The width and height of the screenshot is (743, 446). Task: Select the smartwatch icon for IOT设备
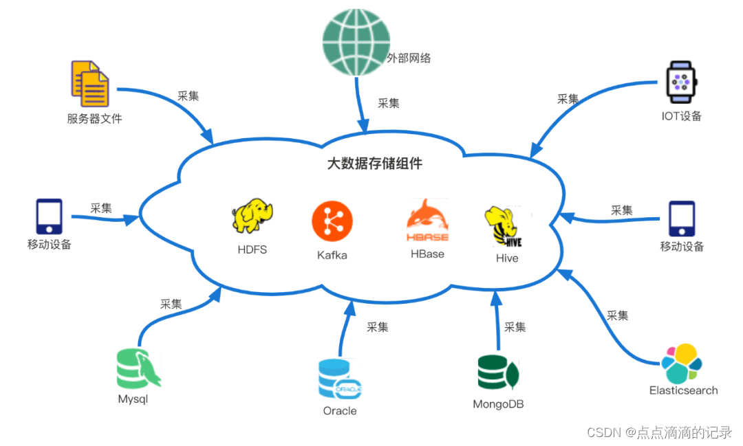tap(680, 82)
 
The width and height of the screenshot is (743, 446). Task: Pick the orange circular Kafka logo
tap(332, 221)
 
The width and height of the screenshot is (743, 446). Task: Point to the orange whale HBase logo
tap(427, 221)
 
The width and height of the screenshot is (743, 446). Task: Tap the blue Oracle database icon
tap(340, 379)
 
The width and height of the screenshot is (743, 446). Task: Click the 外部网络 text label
tap(409, 58)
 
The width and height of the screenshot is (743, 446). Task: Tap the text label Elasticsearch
tap(683, 390)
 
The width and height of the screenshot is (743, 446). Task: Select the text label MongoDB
tap(498, 404)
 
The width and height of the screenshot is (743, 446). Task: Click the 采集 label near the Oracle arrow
tap(378, 327)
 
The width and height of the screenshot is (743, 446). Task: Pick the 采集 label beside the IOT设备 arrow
tap(568, 98)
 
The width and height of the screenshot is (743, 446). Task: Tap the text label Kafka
tap(332, 255)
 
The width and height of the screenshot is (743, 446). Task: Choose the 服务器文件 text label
tap(94, 118)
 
